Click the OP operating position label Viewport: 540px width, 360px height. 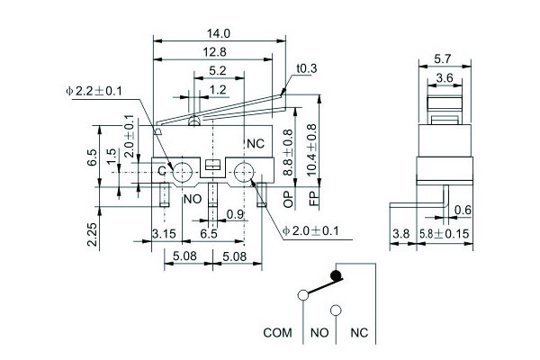[x=287, y=196]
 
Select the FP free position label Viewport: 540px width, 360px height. [x=314, y=196]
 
